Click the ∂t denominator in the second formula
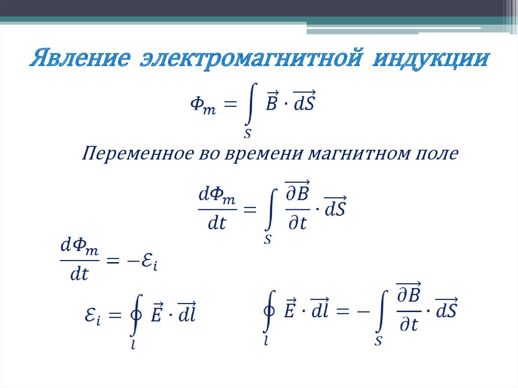click(x=296, y=223)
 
